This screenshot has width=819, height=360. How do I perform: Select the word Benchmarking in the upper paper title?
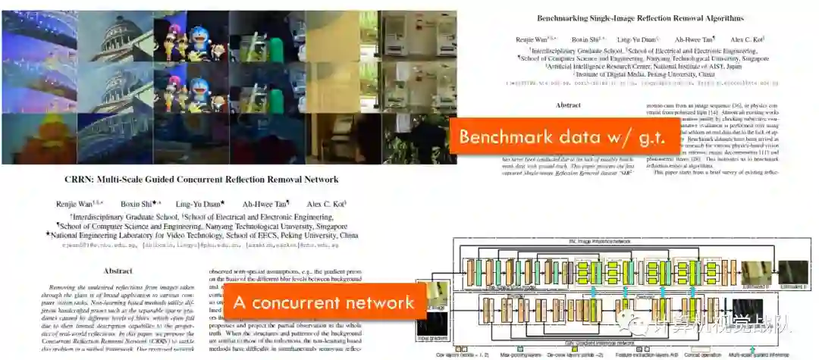(574, 18)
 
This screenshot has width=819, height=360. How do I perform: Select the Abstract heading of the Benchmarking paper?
(574, 105)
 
